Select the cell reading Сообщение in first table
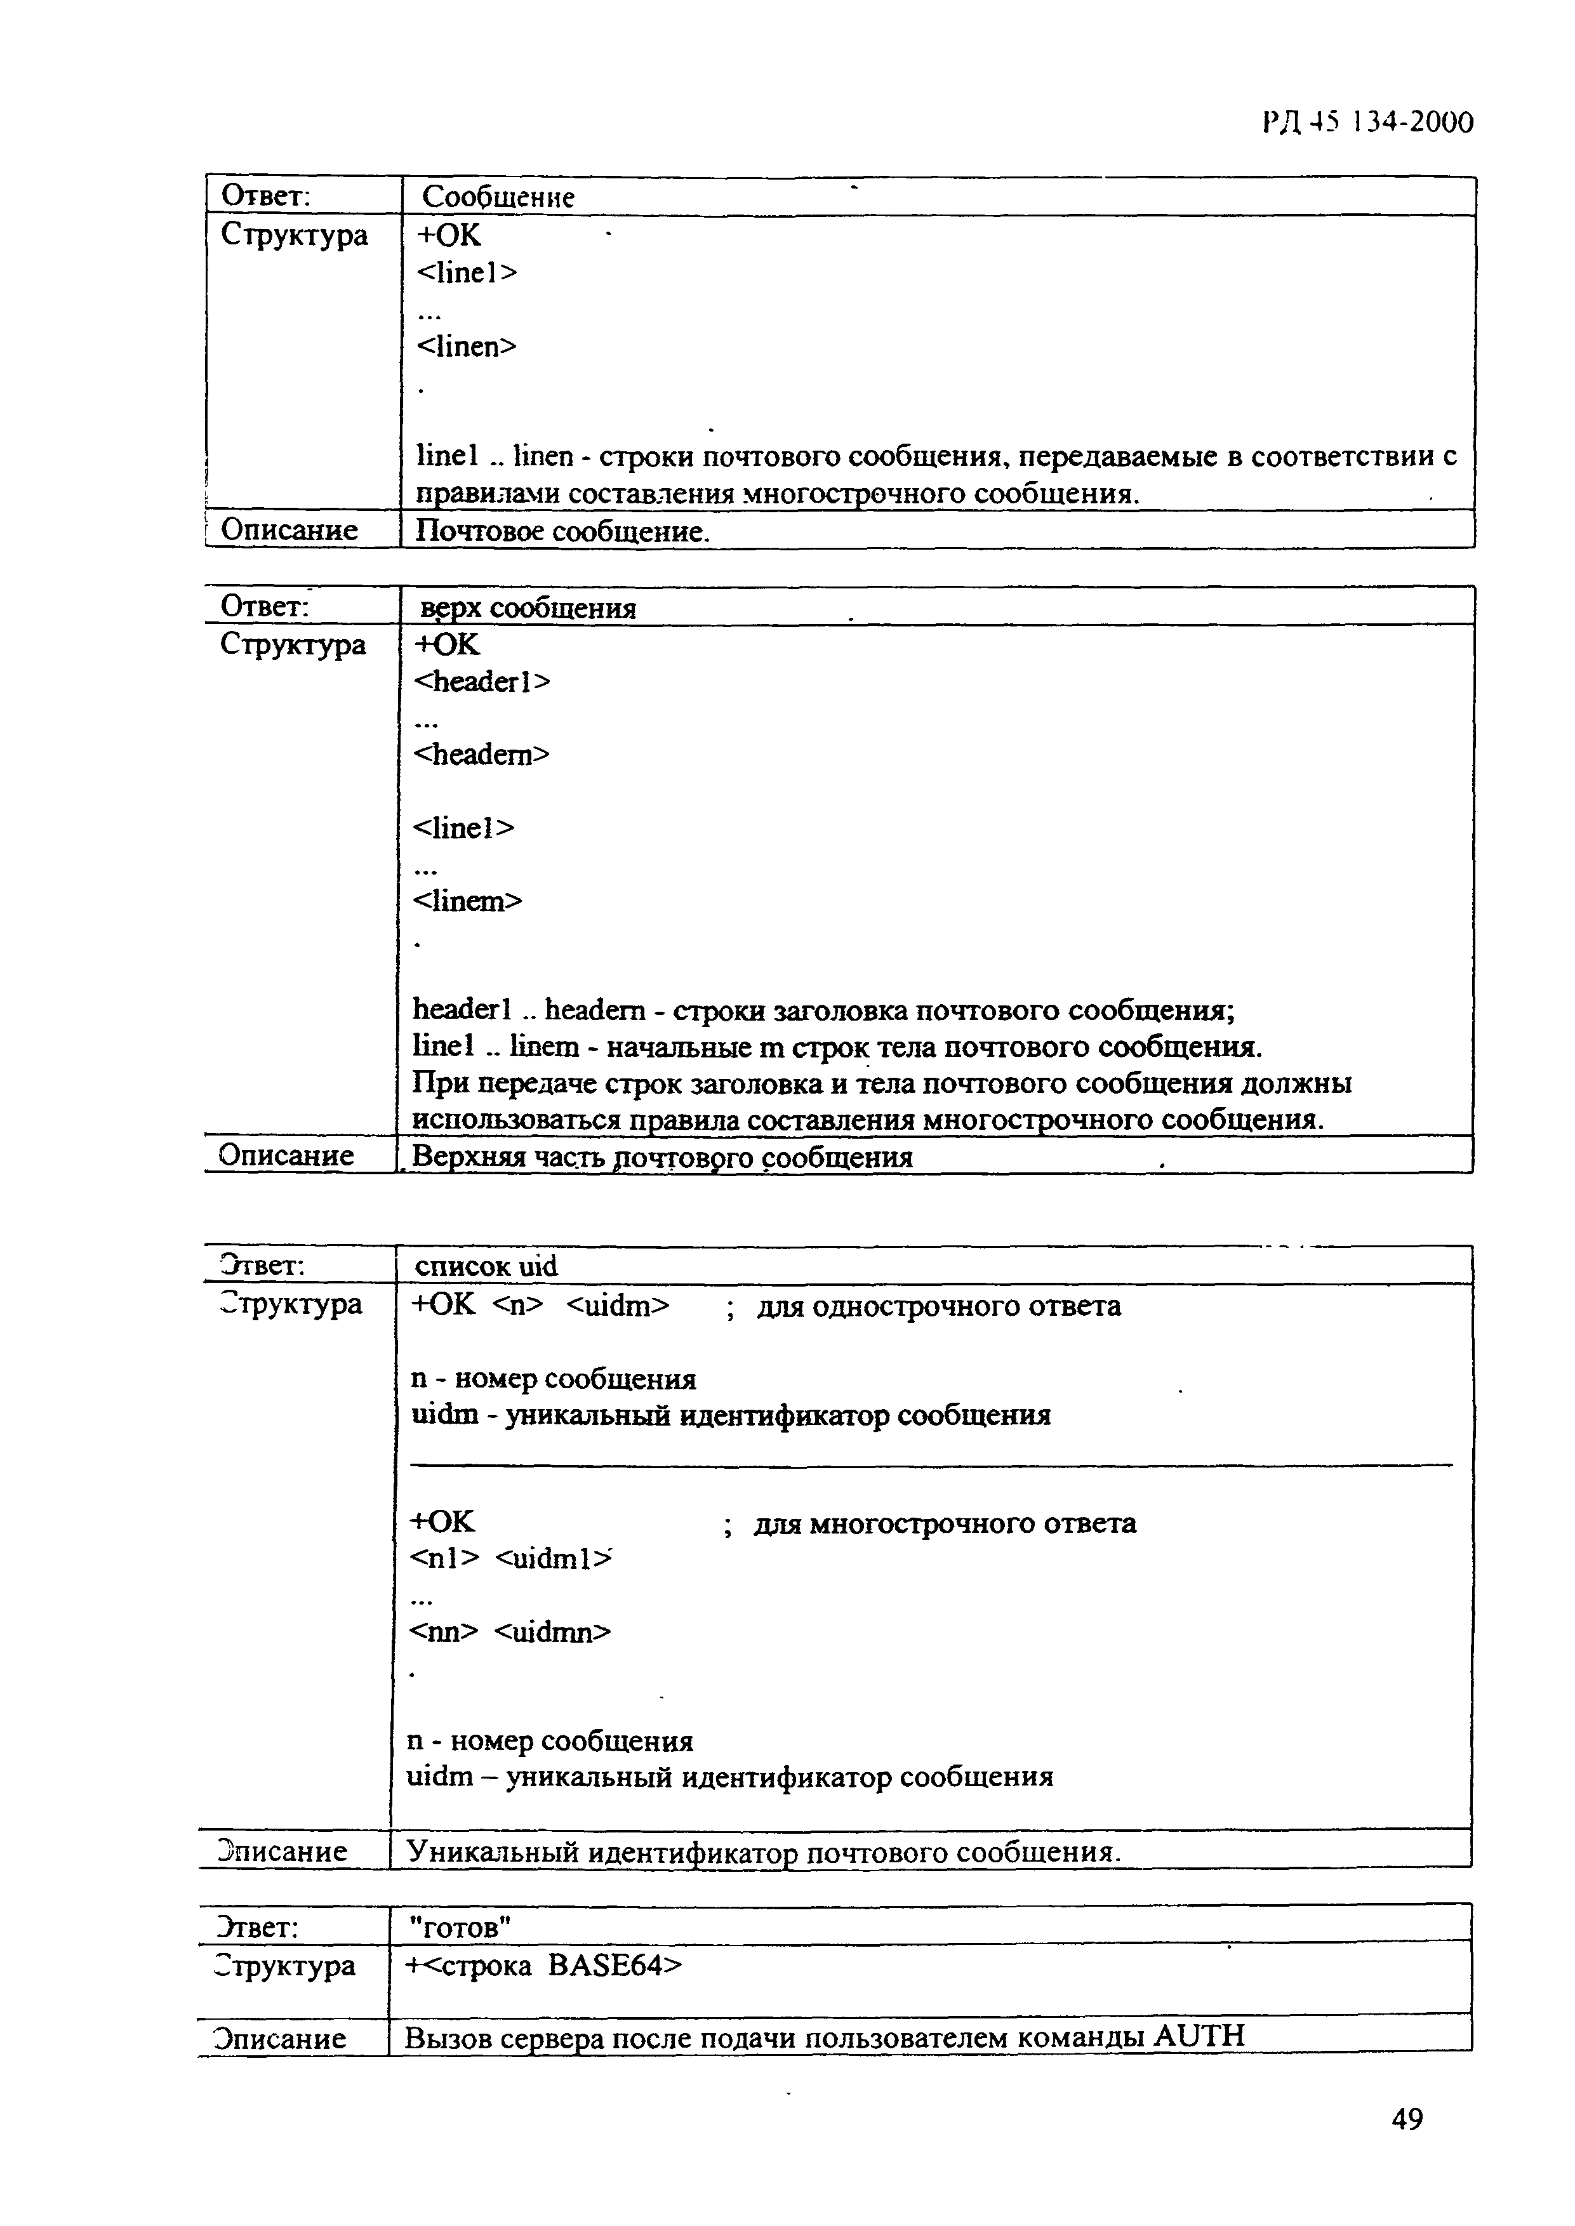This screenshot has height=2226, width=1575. (498, 197)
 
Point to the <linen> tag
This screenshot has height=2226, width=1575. (467, 346)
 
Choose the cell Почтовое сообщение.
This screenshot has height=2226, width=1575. (562, 531)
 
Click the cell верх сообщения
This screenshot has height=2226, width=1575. (528, 608)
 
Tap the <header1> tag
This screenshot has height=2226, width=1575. (482, 682)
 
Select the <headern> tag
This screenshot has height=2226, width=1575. (482, 754)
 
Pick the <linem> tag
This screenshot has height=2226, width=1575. (467, 901)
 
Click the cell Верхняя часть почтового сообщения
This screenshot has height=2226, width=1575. (661, 1156)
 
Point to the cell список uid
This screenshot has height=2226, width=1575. (486, 1266)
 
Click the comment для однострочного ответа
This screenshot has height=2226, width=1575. (938, 1306)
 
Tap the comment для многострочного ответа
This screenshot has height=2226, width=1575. (945, 1523)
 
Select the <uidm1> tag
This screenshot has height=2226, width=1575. (554, 1559)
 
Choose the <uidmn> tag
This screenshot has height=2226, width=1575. (553, 1633)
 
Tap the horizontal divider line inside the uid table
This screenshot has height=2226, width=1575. (931, 1465)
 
